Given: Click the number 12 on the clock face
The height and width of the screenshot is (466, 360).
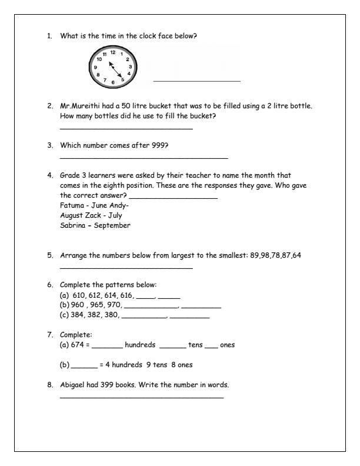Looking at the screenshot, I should point(112,52).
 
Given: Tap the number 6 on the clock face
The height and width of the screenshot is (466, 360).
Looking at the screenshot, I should point(113,82).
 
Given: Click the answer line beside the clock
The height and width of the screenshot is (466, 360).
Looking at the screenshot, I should point(196,81).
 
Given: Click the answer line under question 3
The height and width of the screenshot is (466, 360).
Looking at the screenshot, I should point(144,158).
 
